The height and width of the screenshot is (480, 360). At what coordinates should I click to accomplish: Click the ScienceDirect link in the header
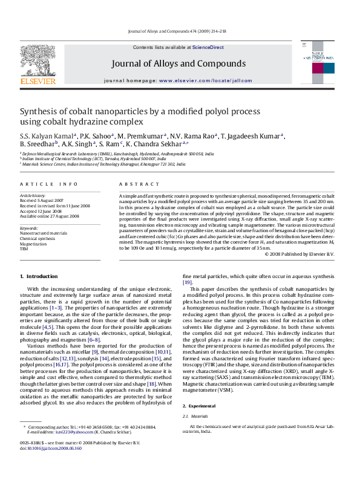208,47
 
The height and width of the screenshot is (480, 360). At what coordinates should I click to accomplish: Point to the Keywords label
30,226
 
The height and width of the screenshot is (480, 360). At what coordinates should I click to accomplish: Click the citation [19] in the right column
188,282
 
